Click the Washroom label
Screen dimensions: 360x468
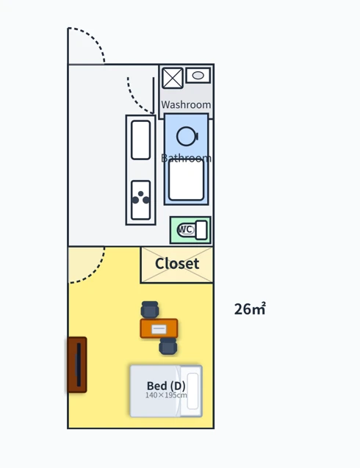coord(186,105)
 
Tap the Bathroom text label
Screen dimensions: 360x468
coord(186,158)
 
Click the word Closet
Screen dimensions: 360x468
coord(177,264)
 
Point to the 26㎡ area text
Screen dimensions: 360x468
coord(250,309)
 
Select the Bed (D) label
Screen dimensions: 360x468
coord(166,386)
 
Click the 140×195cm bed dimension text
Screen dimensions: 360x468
coord(166,395)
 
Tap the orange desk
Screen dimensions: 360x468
coord(159,328)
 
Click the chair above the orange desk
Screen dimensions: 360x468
coord(150,309)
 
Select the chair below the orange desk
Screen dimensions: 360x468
coord(168,346)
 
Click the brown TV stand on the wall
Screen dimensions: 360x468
coord(77,364)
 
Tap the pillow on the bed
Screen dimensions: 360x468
coord(192,391)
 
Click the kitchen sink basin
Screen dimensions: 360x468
coord(140,140)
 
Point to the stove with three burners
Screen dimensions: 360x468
coord(140,200)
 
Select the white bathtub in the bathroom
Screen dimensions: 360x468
coord(187,180)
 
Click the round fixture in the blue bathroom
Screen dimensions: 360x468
coord(187,137)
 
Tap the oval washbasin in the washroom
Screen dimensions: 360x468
coord(198,76)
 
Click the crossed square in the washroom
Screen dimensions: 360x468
coord(173,78)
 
